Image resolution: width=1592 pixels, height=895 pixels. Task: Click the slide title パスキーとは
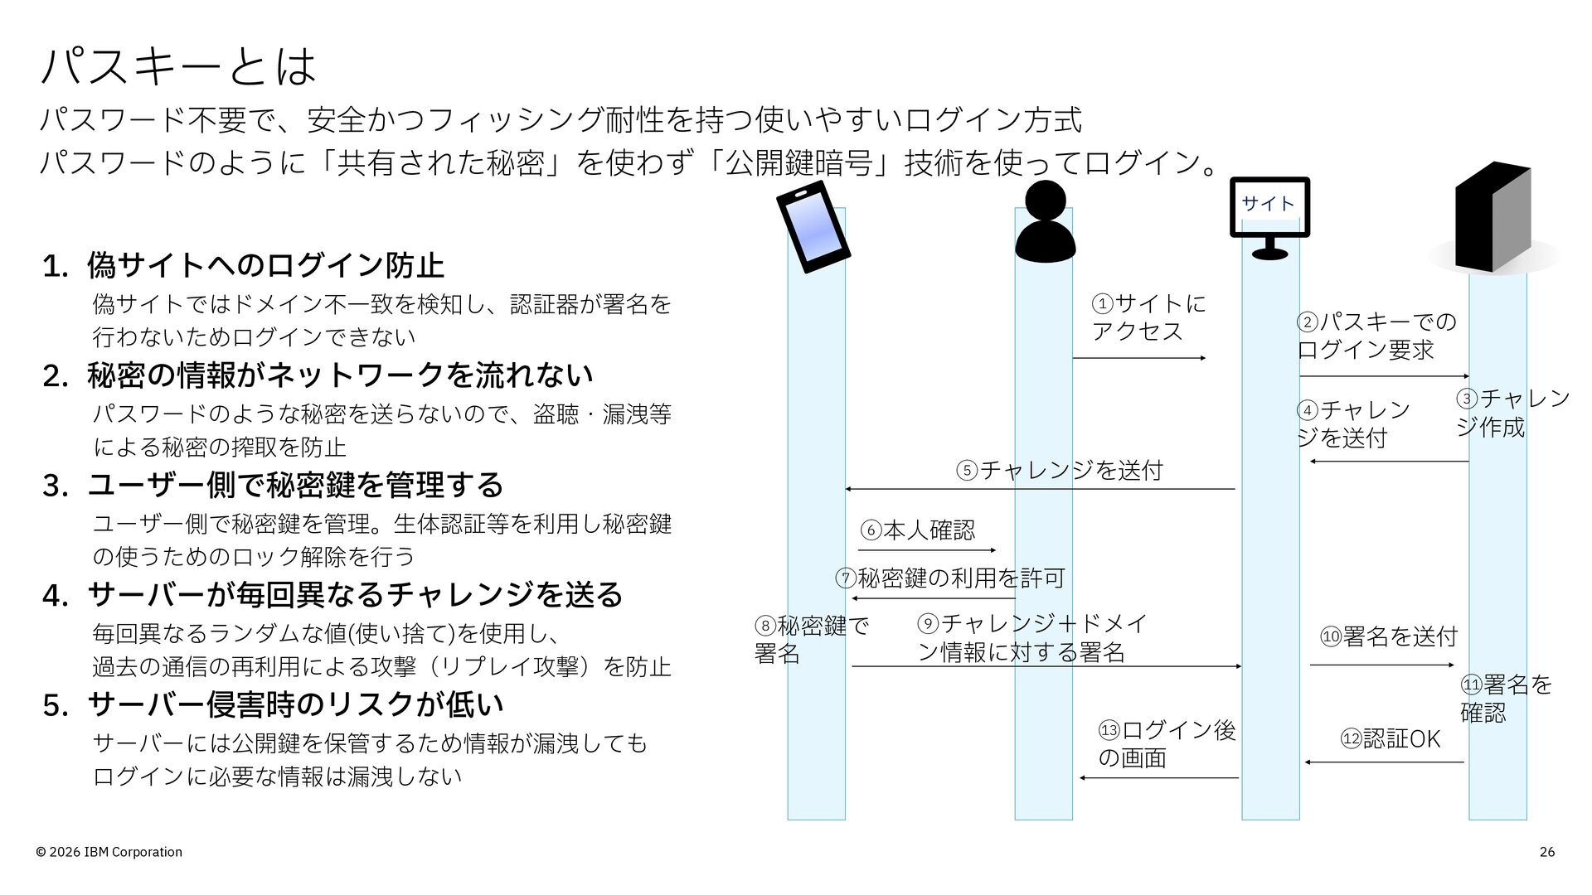178,66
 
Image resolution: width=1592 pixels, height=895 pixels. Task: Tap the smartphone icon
813,226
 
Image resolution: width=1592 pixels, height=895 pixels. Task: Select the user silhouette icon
1045,220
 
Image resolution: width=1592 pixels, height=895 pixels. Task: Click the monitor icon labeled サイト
1269,217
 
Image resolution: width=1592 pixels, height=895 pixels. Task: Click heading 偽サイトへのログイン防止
265,265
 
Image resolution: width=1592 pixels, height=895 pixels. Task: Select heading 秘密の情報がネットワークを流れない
340,375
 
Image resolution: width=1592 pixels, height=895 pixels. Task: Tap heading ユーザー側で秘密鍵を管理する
295,485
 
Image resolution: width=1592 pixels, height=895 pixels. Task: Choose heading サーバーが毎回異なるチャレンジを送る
355,594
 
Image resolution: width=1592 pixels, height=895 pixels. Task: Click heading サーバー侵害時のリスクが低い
295,704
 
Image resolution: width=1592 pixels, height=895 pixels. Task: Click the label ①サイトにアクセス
1148,317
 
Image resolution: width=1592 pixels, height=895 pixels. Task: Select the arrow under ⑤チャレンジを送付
1040,489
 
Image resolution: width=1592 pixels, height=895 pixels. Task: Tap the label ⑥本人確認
918,530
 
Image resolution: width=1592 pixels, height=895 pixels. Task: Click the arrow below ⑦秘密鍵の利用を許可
934,598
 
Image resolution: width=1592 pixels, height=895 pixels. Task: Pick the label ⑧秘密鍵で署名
812,639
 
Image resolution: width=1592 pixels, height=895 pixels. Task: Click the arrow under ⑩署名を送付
1382,665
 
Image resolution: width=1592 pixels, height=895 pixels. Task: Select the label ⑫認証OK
1391,738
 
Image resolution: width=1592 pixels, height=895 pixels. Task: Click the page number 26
1547,852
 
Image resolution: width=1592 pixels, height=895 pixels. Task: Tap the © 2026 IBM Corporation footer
109,852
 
